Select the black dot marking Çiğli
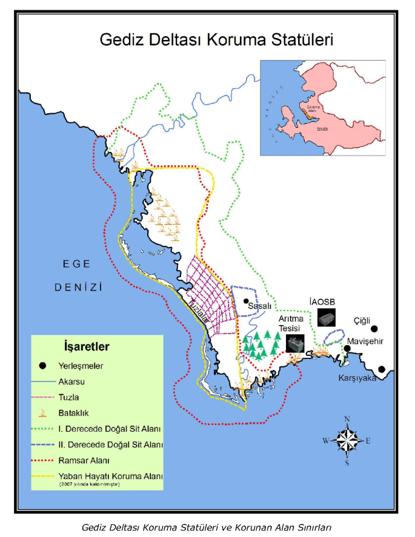(x=374, y=329)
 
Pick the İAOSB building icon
(x=326, y=317)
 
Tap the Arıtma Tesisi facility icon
(x=295, y=343)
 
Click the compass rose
(x=347, y=440)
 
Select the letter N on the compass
(x=347, y=419)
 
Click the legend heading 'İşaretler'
(x=87, y=347)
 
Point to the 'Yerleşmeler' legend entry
(x=81, y=366)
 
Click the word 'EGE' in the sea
(x=76, y=263)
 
